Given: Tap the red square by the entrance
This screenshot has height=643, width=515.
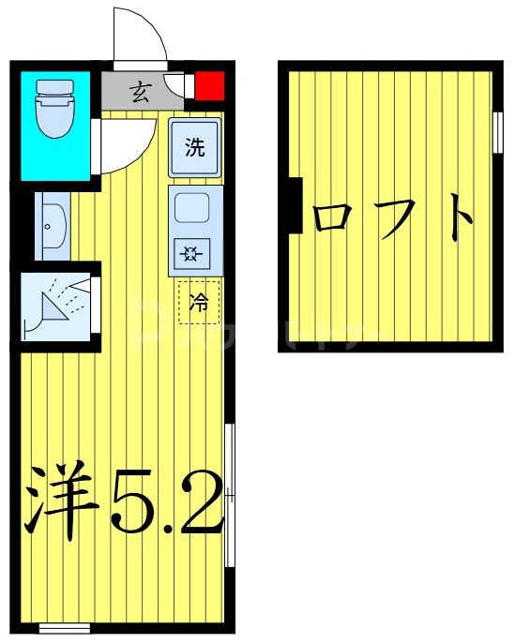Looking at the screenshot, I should pos(209,85).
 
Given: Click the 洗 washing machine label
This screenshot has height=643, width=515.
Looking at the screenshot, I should pos(194,147).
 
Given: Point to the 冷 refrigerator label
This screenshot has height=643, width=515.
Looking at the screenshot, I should pos(199,302).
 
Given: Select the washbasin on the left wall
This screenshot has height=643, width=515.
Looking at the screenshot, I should pos(52,225).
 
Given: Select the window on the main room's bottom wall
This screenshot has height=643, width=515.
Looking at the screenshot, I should pos(64,628).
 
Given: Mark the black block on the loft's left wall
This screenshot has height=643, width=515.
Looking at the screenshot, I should pos(293,205).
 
